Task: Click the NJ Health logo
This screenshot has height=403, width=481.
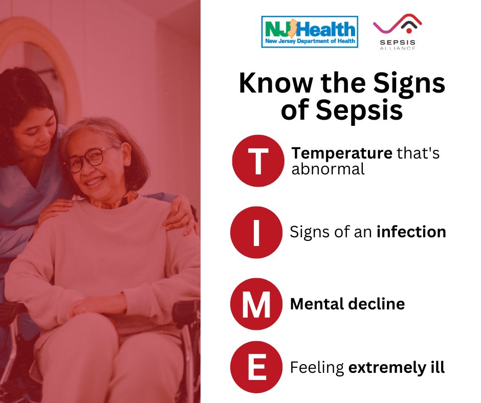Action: coord(310,32)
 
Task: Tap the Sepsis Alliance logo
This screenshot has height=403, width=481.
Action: coord(397,32)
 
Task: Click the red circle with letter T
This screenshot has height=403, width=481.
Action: coord(258,161)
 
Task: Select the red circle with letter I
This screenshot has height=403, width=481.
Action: coord(256,232)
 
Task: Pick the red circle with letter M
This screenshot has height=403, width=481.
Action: coord(256,304)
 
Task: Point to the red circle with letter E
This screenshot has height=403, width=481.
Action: coord(256,367)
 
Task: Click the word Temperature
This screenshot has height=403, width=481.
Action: coord(342,153)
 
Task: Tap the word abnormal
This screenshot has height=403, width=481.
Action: coord(328,169)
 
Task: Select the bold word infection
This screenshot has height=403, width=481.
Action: coord(411,232)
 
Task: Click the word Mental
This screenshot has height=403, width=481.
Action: coord(317,304)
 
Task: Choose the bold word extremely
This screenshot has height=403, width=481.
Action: coord(385,368)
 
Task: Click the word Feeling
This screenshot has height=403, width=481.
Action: coord(317,368)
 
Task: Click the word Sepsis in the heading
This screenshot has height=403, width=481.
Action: coord(359,110)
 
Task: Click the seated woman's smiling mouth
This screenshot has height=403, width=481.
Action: coord(95,183)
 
